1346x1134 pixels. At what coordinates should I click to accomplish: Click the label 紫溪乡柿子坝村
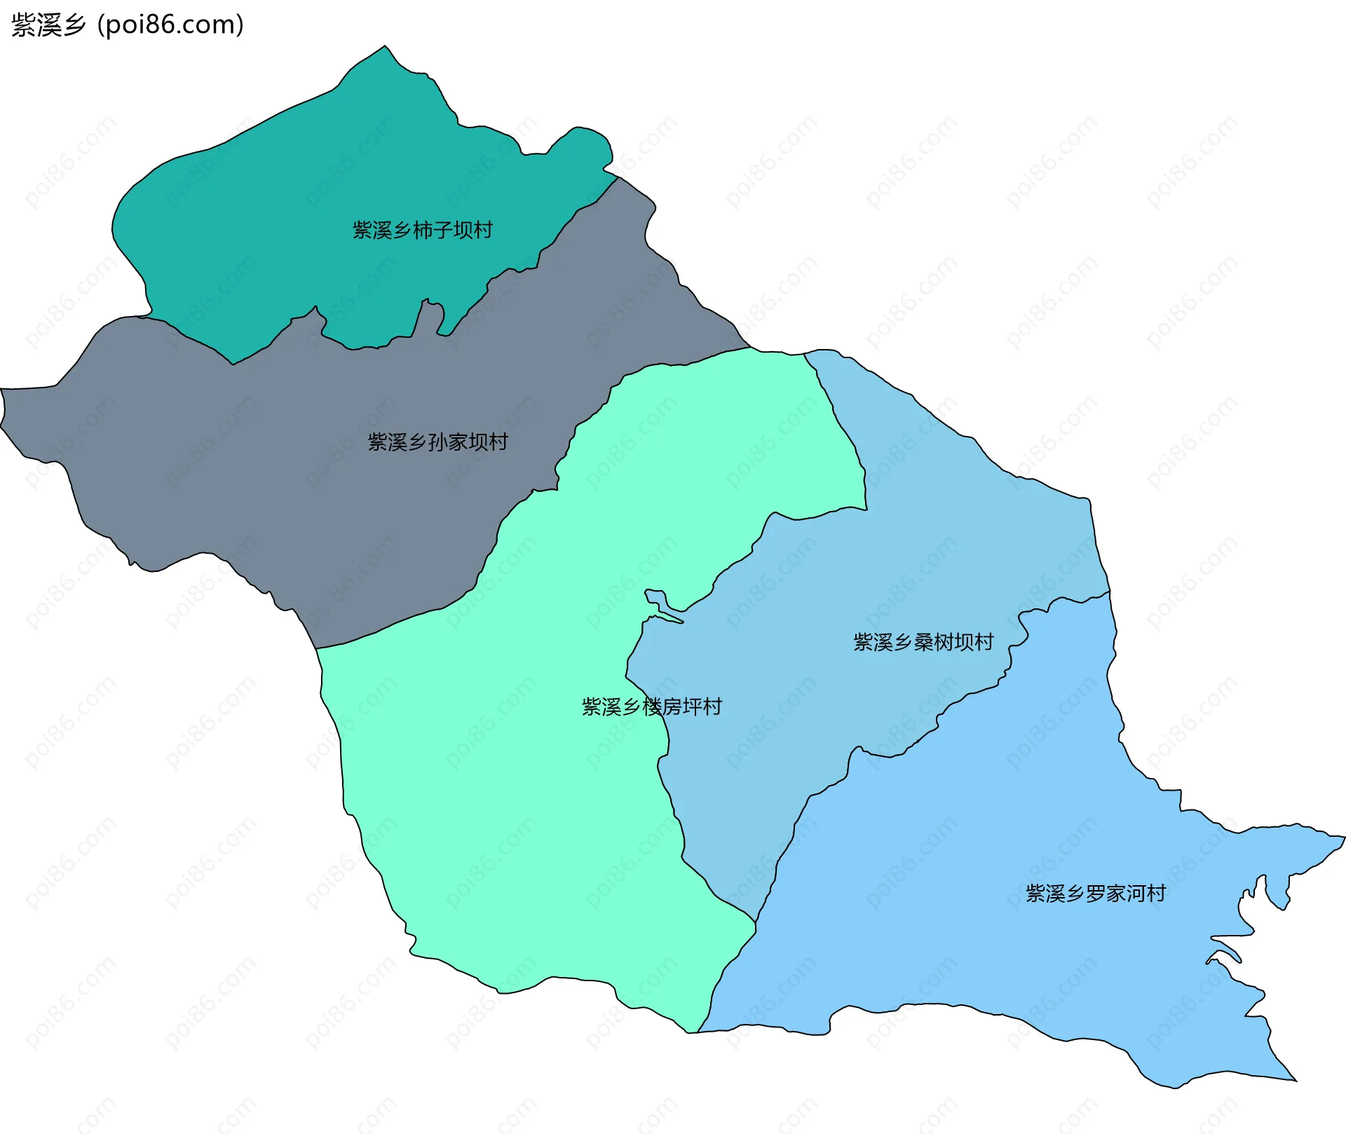pos(422,230)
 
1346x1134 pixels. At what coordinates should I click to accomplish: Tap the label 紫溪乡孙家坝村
pos(437,442)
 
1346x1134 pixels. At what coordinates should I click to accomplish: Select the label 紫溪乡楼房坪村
pos(651,706)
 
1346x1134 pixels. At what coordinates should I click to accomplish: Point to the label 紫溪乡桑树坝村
pos(923,642)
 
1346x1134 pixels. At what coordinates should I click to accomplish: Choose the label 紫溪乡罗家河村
pos(1096,893)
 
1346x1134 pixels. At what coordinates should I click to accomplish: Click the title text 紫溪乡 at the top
pos(48,25)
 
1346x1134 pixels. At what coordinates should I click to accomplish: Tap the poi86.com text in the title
pos(170,25)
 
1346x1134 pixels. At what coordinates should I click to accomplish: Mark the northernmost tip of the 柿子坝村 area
pos(385,46)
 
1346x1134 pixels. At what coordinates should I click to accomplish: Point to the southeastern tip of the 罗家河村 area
pos(1296,1081)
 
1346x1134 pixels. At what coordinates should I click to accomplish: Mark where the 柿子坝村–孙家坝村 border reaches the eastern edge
pos(618,177)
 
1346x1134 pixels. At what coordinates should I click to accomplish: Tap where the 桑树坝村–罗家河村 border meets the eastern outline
pos(1110,592)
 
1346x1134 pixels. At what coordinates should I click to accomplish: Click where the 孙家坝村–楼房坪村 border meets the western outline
pos(317,649)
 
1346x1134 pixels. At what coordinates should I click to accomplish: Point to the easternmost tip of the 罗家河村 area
pos(1345,837)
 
